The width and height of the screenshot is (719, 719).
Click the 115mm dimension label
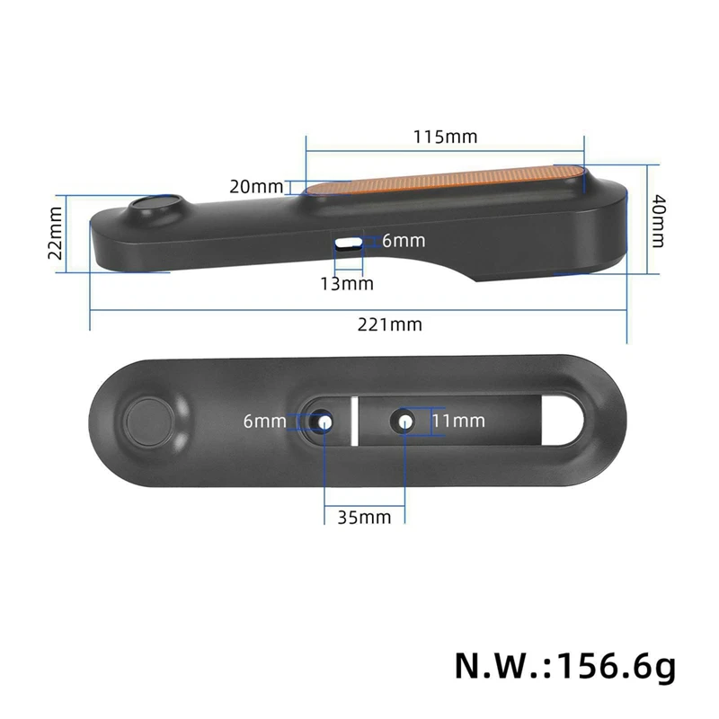(x=445, y=138)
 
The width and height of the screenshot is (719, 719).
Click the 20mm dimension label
(x=255, y=187)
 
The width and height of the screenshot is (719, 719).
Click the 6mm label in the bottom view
(x=264, y=421)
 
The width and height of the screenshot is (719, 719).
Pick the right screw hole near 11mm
(x=405, y=421)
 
